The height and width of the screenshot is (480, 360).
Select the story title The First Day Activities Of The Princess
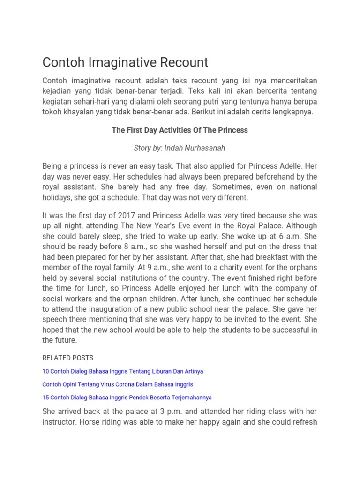pyautogui.click(x=180, y=130)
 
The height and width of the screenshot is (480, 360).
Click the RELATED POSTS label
pyautogui.click(x=68, y=358)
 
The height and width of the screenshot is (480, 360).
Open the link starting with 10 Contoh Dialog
pyautogui.click(x=122, y=371)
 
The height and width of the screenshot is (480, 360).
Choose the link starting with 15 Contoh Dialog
pyautogui.click(x=127, y=397)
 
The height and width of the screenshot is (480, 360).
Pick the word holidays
pyautogui.click(x=57, y=198)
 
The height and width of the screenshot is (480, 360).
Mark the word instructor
pyautogui.click(x=60, y=422)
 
